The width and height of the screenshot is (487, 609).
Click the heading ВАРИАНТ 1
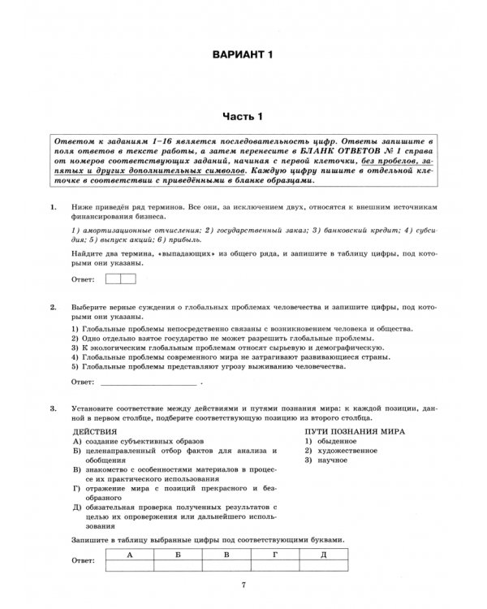click(243, 54)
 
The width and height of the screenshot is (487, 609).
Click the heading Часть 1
click(243, 117)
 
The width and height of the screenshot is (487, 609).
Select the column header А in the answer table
click(130, 554)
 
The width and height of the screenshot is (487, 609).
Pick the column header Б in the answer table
click(179, 554)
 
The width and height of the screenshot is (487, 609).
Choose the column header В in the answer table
click(227, 554)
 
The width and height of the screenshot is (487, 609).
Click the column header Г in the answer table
click(276, 554)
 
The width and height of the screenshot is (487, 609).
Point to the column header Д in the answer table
click(324, 554)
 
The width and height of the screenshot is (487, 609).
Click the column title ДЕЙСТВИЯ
click(95, 431)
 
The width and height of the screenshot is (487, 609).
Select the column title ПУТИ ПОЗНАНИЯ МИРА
click(355, 431)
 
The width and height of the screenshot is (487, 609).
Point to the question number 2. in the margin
click(54, 309)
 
